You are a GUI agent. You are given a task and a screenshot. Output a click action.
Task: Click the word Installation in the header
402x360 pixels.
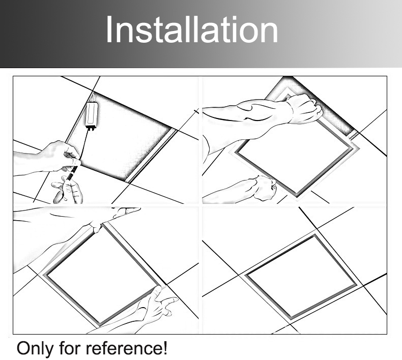point(192,29)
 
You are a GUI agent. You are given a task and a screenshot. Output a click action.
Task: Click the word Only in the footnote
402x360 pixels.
point(36,348)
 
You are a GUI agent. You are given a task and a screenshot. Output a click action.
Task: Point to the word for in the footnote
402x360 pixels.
point(70,348)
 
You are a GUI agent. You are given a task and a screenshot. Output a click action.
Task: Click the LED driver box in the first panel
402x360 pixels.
point(92,115)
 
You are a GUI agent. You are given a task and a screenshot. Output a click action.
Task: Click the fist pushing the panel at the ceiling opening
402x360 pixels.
point(305,109)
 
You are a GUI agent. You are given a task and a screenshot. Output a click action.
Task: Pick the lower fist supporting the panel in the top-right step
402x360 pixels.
point(264,188)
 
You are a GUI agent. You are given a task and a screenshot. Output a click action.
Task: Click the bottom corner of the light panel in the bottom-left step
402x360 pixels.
point(99,326)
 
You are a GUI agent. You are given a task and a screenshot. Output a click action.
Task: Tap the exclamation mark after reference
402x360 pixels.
point(165,348)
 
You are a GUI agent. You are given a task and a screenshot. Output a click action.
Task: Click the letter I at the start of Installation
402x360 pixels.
point(108,29)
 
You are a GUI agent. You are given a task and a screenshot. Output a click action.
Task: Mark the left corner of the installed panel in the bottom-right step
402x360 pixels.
point(245,275)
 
